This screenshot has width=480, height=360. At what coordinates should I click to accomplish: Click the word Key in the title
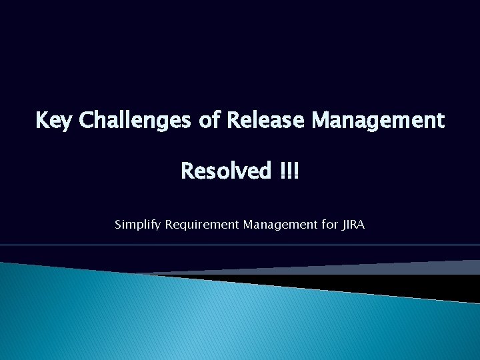tap(54, 121)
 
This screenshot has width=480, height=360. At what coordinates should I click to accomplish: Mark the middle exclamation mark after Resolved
tap(289, 171)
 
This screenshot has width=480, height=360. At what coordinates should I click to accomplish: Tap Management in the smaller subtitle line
tap(280, 225)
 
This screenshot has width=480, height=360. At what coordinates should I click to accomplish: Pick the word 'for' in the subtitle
tap(330, 225)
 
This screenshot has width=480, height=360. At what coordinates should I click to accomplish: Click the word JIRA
tap(353, 225)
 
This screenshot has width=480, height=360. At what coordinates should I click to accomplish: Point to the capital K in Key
tap(41, 121)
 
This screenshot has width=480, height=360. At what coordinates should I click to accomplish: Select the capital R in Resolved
tap(187, 171)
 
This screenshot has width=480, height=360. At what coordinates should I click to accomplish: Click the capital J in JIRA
tap(344, 225)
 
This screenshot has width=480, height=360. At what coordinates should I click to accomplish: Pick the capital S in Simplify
tap(119, 225)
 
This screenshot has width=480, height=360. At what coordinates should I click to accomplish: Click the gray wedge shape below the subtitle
tap(400, 268)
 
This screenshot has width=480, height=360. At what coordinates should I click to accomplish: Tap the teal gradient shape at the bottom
tap(200, 320)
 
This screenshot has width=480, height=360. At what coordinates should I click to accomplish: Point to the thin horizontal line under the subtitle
tap(240, 245)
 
